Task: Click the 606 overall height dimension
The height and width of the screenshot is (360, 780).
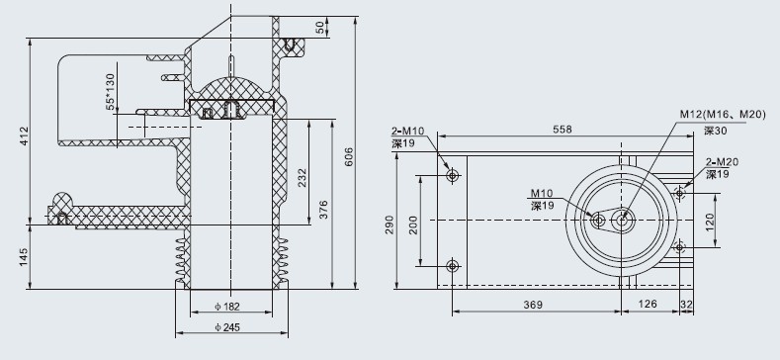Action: tap(349, 157)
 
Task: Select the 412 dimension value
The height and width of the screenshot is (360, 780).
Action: tap(25, 136)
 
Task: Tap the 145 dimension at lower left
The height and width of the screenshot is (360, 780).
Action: tap(25, 257)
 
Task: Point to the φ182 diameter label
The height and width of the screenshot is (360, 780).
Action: tap(227, 307)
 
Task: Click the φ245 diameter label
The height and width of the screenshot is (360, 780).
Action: tap(227, 327)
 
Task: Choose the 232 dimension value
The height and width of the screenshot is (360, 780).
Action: tap(303, 178)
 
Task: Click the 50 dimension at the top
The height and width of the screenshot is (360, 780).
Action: tap(322, 28)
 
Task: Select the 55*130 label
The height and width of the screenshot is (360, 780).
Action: tap(111, 92)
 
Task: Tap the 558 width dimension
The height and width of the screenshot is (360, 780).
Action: tap(563, 130)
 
